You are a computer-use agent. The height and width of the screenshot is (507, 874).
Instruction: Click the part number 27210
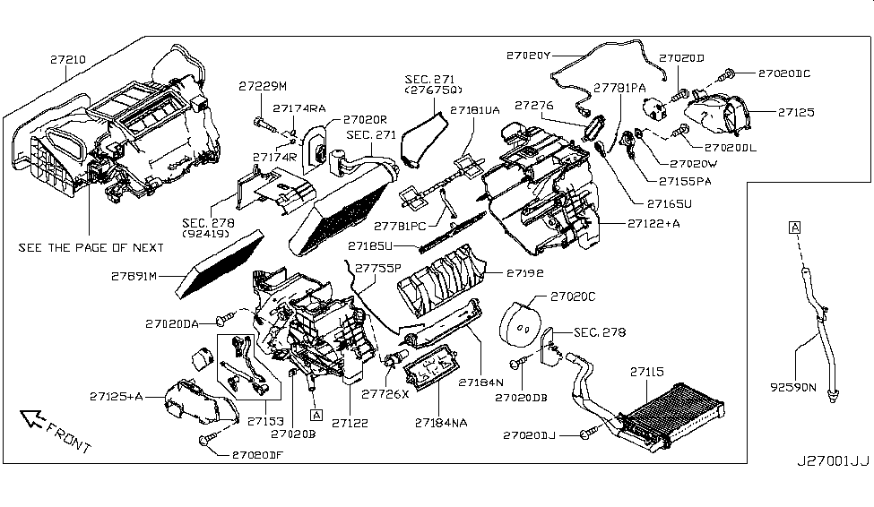click(x=67, y=58)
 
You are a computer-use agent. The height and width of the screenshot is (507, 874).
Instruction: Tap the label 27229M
click(x=262, y=86)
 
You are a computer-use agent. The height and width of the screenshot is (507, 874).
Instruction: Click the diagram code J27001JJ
click(x=833, y=463)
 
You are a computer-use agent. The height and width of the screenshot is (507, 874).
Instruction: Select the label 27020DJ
click(x=530, y=434)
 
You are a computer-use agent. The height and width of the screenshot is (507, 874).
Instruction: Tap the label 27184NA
click(x=441, y=420)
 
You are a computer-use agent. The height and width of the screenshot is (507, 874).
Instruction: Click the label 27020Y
click(x=529, y=56)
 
